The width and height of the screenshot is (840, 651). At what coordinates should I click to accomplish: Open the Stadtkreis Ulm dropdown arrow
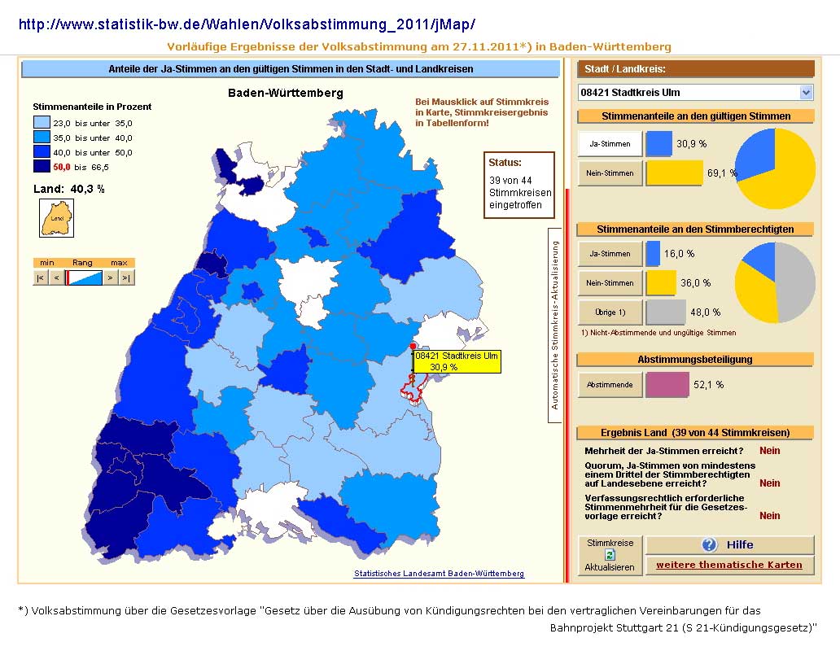point(807,93)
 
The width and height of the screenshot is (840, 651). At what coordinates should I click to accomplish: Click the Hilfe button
point(729,545)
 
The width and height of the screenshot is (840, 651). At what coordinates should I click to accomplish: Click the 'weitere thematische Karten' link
point(729,565)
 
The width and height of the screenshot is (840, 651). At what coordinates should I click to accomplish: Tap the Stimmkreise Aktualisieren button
point(610,555)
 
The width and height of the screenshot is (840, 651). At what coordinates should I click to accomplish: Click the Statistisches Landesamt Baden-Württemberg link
point(439,574)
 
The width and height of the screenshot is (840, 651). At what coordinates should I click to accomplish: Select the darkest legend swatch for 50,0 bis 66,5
point(42,167)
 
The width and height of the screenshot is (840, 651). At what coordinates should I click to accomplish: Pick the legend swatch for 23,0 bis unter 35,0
point(42,123)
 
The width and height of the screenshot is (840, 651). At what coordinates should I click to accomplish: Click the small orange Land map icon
point(57,218)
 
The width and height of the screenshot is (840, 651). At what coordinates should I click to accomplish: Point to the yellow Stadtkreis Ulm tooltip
point(457,361)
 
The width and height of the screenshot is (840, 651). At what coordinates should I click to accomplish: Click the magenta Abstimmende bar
point(667,384)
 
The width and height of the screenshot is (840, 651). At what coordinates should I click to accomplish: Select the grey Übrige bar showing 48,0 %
point(666,312)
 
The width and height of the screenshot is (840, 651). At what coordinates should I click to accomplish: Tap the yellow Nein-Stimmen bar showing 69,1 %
point(675,173)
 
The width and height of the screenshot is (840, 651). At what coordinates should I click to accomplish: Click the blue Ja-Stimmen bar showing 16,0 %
point(653,253)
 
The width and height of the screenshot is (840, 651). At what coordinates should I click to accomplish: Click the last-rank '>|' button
point(126,277)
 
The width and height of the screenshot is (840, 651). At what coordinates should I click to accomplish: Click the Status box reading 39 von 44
point(519,185)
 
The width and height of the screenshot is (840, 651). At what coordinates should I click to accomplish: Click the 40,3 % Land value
point(87,189)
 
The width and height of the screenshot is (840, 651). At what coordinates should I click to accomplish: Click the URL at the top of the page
point(247,24)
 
